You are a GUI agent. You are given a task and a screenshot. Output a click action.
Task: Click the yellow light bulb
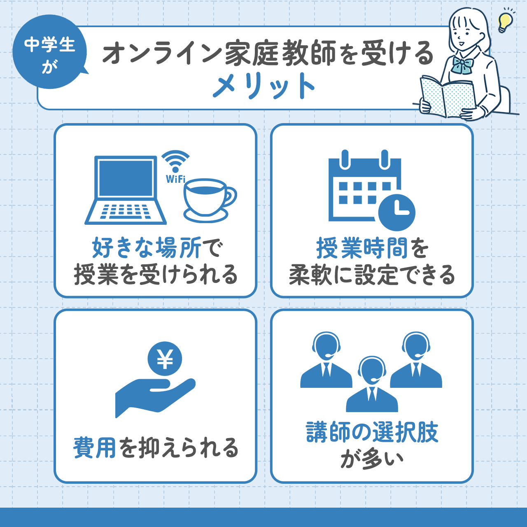coord(504,22)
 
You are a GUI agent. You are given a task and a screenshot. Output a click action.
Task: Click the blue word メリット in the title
coord(263,86)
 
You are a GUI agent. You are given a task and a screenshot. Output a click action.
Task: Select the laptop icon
coord(126,190)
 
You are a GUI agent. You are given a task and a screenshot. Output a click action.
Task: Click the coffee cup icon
coord(208,200)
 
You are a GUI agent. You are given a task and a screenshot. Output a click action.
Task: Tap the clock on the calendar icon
coord(396,212)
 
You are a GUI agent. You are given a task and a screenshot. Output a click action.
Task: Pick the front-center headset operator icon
coord(372,385)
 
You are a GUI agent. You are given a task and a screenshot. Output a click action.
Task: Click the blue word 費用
coord(95,448)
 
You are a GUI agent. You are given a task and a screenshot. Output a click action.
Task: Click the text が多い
coord(372,459)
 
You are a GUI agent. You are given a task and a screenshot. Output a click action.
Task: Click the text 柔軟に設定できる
coord(372,275)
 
